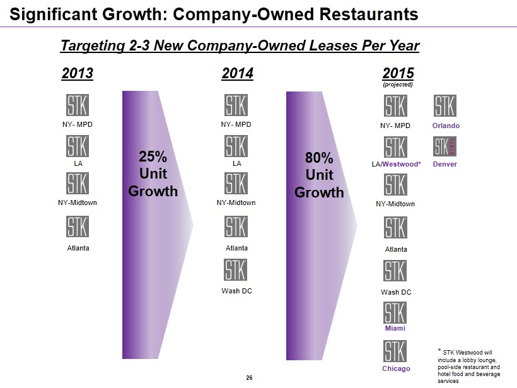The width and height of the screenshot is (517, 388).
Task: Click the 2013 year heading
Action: point(77,74)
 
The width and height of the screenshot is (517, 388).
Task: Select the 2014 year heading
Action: point(238,74)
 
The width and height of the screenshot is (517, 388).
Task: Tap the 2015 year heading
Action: point(398,74)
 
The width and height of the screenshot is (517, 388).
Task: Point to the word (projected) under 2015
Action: point(398,85)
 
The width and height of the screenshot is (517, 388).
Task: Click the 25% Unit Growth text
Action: point(153,173)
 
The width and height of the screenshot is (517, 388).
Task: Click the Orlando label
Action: point(446,126)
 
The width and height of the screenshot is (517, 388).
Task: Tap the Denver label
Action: point(446,165)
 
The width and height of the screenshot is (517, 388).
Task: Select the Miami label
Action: point(395,328)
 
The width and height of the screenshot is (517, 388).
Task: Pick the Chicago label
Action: point(396,368)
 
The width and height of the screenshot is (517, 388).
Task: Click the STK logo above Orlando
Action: point(445,105)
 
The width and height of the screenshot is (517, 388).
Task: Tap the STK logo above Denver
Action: point(445,146)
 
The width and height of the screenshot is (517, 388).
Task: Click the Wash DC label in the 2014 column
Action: point(236,291)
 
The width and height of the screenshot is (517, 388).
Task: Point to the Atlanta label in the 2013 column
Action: point(78,248)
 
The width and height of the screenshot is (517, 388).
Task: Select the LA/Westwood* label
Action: point(395,165)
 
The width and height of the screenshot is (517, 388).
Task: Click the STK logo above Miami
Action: point(395,312)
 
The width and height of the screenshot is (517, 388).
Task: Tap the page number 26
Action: point(249,377)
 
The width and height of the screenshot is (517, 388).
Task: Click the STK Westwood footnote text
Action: point(469,364)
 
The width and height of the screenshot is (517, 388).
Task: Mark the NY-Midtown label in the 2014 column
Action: point(236,203)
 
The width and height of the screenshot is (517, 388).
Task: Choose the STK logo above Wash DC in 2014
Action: point(236,270)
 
